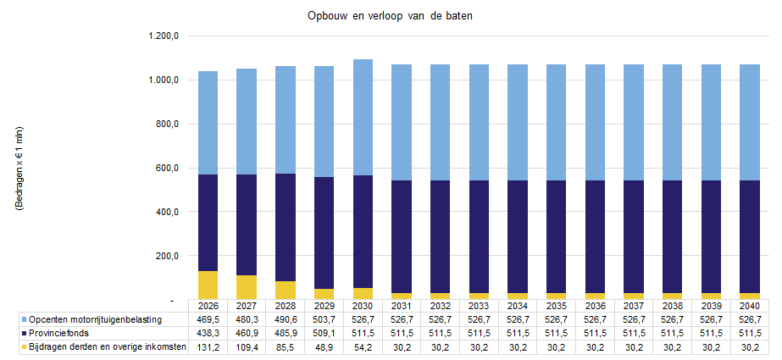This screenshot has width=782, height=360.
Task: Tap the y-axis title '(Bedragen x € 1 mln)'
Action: point(19,179)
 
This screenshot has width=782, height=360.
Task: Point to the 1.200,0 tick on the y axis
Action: point(164,36)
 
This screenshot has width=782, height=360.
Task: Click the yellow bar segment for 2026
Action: point(208,285)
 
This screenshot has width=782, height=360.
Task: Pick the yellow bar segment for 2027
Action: point(247,287)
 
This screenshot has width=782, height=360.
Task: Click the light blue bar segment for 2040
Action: point(749,122)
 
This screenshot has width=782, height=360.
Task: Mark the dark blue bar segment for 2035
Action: point(556,236)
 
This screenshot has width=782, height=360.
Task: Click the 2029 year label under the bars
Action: point(324,306)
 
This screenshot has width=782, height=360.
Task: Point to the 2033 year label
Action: point(479,306)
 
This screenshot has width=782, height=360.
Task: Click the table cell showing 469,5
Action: point(208,319)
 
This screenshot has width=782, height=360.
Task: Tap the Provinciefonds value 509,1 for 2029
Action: point(324,333)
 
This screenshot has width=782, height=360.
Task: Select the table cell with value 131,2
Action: point(208,347)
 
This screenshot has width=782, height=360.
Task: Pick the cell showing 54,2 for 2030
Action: point(363,347)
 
